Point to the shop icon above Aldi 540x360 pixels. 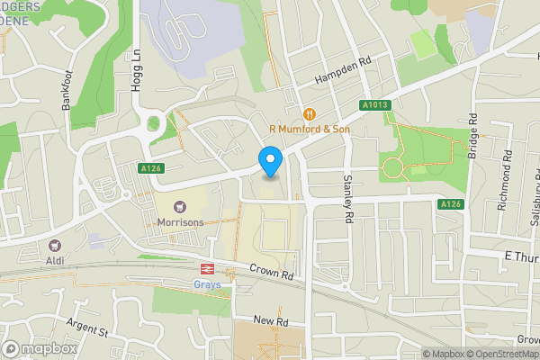55,245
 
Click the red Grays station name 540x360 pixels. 208,284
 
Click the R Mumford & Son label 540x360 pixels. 310,130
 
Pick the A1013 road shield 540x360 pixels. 376,105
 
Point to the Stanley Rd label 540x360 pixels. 348,197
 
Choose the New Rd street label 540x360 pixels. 269,320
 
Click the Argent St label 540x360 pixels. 87,327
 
